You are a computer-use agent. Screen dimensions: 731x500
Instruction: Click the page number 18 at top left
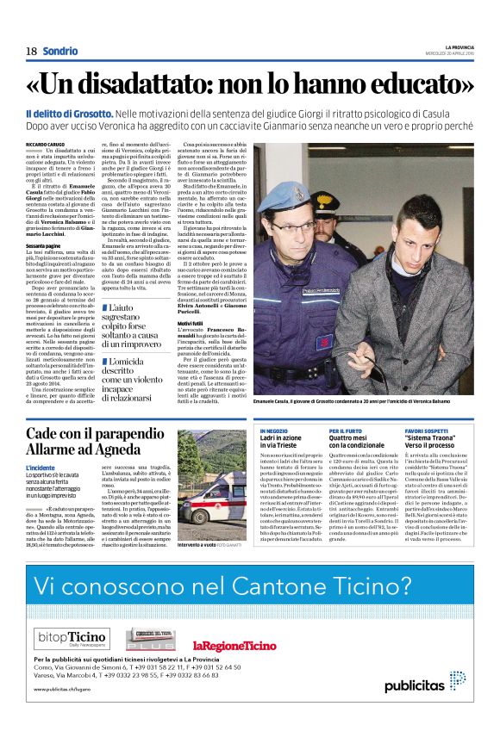31,51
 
